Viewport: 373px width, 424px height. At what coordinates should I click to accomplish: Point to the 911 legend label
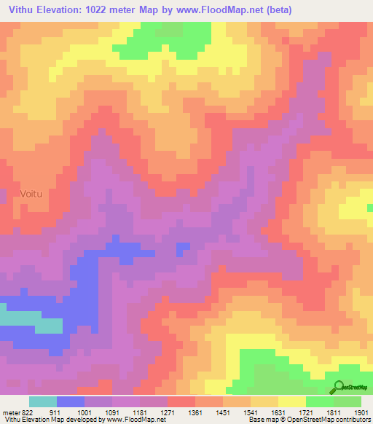pyautogui.click(x=57, y=412)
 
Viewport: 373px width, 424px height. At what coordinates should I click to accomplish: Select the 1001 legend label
pyautogui.click(x=85, y=412)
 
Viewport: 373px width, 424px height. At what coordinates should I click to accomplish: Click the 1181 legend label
pyautogui.click(x=140, y=412)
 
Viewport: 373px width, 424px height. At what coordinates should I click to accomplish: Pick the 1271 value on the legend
pyautogui.click(x=168, y=412)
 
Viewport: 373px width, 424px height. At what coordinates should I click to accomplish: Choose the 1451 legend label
pyautogui.click(x=223, y=412)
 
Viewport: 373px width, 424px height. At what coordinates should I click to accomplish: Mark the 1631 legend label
pyautogui.click(x=278, y=412)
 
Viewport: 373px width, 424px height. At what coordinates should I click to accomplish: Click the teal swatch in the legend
pyautogui.click(x=43, y=401)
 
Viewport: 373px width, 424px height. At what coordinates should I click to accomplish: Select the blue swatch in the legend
pyautogui.click(x=71, y=401)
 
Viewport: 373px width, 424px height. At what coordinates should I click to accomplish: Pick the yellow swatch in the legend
pyautogui.click(x=292, y=401)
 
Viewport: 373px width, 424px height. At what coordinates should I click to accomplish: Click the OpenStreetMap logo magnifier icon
pyautogui.click(x=338, y=387)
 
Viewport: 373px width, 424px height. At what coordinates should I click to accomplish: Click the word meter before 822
pyautogui.click(x=9, y=412)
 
